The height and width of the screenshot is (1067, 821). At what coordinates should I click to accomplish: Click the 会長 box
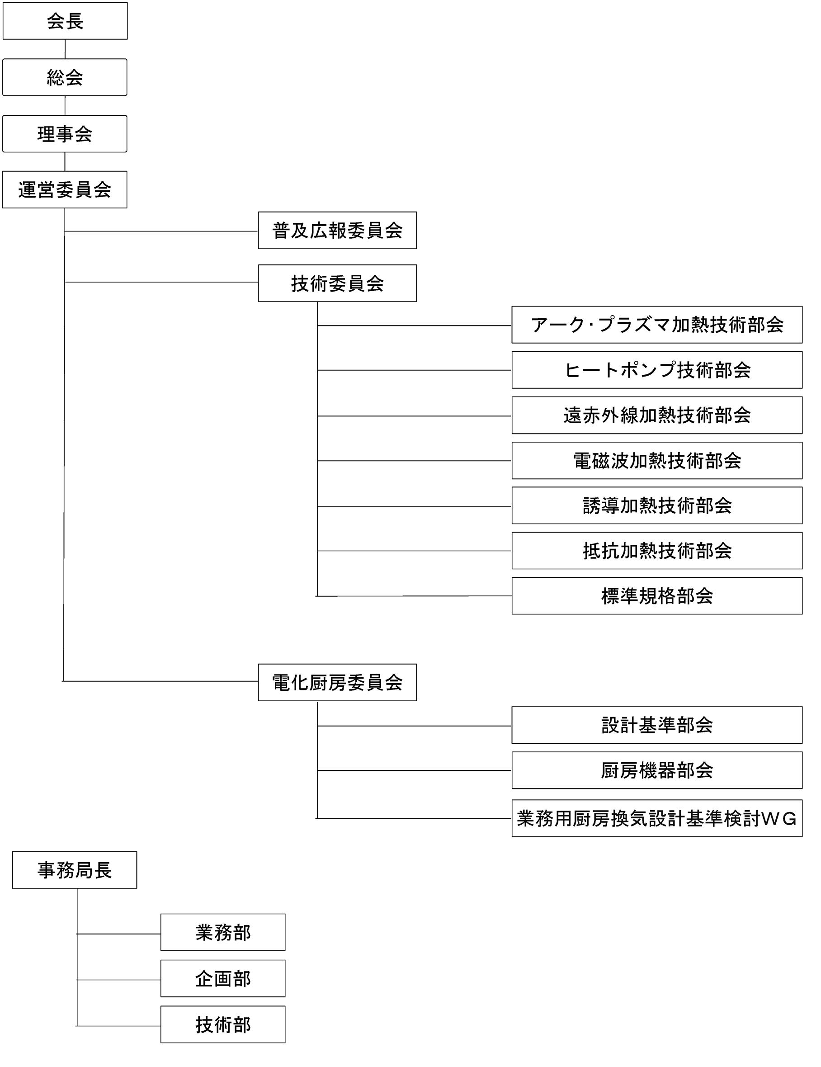65,21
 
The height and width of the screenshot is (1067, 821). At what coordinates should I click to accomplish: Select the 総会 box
65,77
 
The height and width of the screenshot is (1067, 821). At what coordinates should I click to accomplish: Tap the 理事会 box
65,134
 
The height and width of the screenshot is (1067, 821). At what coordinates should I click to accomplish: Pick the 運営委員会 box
65,189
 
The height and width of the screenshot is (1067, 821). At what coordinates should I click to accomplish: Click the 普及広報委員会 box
337,230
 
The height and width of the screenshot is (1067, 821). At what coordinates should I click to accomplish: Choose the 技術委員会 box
337,283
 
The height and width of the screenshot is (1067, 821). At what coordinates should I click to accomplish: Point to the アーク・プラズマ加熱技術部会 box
657,325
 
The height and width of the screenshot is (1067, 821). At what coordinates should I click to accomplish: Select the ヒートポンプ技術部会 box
657,370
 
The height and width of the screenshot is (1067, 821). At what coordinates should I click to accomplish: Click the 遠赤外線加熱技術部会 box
657,415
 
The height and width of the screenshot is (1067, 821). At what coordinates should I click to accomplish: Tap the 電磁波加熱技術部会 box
657,461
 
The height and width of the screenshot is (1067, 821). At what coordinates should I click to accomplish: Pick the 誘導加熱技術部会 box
657,505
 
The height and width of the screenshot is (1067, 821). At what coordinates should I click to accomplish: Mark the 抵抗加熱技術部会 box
657,551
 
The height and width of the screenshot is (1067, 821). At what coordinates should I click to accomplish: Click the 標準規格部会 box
657,596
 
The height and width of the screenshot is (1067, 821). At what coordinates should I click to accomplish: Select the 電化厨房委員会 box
337,683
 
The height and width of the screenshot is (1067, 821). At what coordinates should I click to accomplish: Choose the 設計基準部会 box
657,725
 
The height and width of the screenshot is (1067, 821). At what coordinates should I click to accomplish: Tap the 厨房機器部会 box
657,770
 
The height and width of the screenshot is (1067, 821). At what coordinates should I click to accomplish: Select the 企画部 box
223,978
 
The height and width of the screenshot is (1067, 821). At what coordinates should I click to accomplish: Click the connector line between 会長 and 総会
65,49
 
